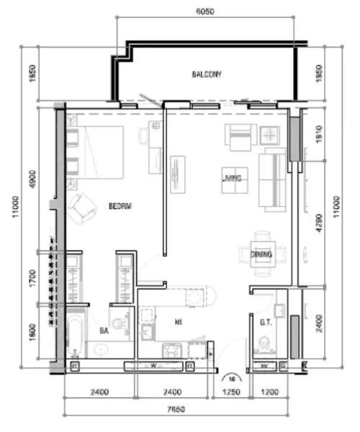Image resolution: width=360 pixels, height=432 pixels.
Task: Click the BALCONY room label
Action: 207,74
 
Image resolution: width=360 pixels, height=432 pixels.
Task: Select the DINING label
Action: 260,254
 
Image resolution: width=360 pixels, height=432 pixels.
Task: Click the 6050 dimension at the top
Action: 206,12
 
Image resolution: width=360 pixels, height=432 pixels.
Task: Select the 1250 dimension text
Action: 230,392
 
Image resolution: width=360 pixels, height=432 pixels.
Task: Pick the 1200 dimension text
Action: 267,392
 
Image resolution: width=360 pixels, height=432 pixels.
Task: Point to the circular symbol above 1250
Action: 230,376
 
